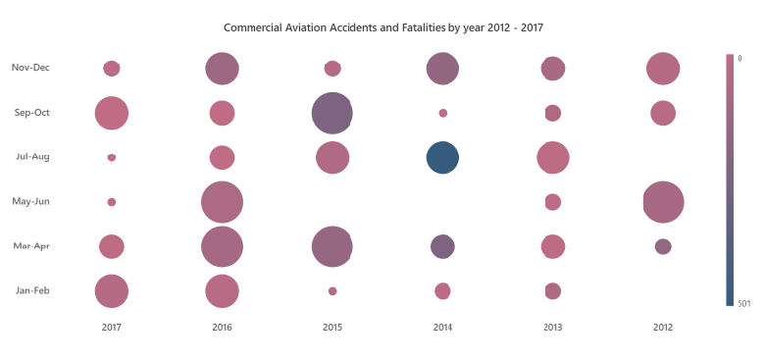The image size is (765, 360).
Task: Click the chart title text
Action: point(383,27)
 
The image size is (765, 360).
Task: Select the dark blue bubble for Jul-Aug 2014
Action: point(442,157)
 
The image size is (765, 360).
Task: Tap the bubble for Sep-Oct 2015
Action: point(332,113)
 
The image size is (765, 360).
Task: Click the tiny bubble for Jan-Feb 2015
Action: point(332,291)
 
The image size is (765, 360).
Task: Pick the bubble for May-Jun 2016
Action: point(222,202)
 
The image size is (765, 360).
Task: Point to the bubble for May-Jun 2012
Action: point(663,202)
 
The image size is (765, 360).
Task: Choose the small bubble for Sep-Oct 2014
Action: point(443,113)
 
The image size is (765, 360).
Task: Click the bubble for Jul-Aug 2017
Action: point(112,157)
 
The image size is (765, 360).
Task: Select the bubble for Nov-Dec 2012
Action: point(663,69)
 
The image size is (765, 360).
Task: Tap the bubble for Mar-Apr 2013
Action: point(553,246)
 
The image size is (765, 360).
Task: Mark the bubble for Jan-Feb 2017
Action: point(112,291)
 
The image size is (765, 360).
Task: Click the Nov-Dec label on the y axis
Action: point(30,68)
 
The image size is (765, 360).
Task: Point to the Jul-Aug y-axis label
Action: point(32,157)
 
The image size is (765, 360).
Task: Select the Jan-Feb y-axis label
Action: point(32,290)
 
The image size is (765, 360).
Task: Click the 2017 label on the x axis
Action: point(112,326)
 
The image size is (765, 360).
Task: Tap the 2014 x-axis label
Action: point(442,326)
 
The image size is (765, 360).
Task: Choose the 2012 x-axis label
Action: point(663,326)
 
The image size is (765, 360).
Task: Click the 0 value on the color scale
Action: point(740,58)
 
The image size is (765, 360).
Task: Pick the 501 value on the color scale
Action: point(743,303)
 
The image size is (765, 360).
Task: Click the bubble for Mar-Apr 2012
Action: point(663,246)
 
